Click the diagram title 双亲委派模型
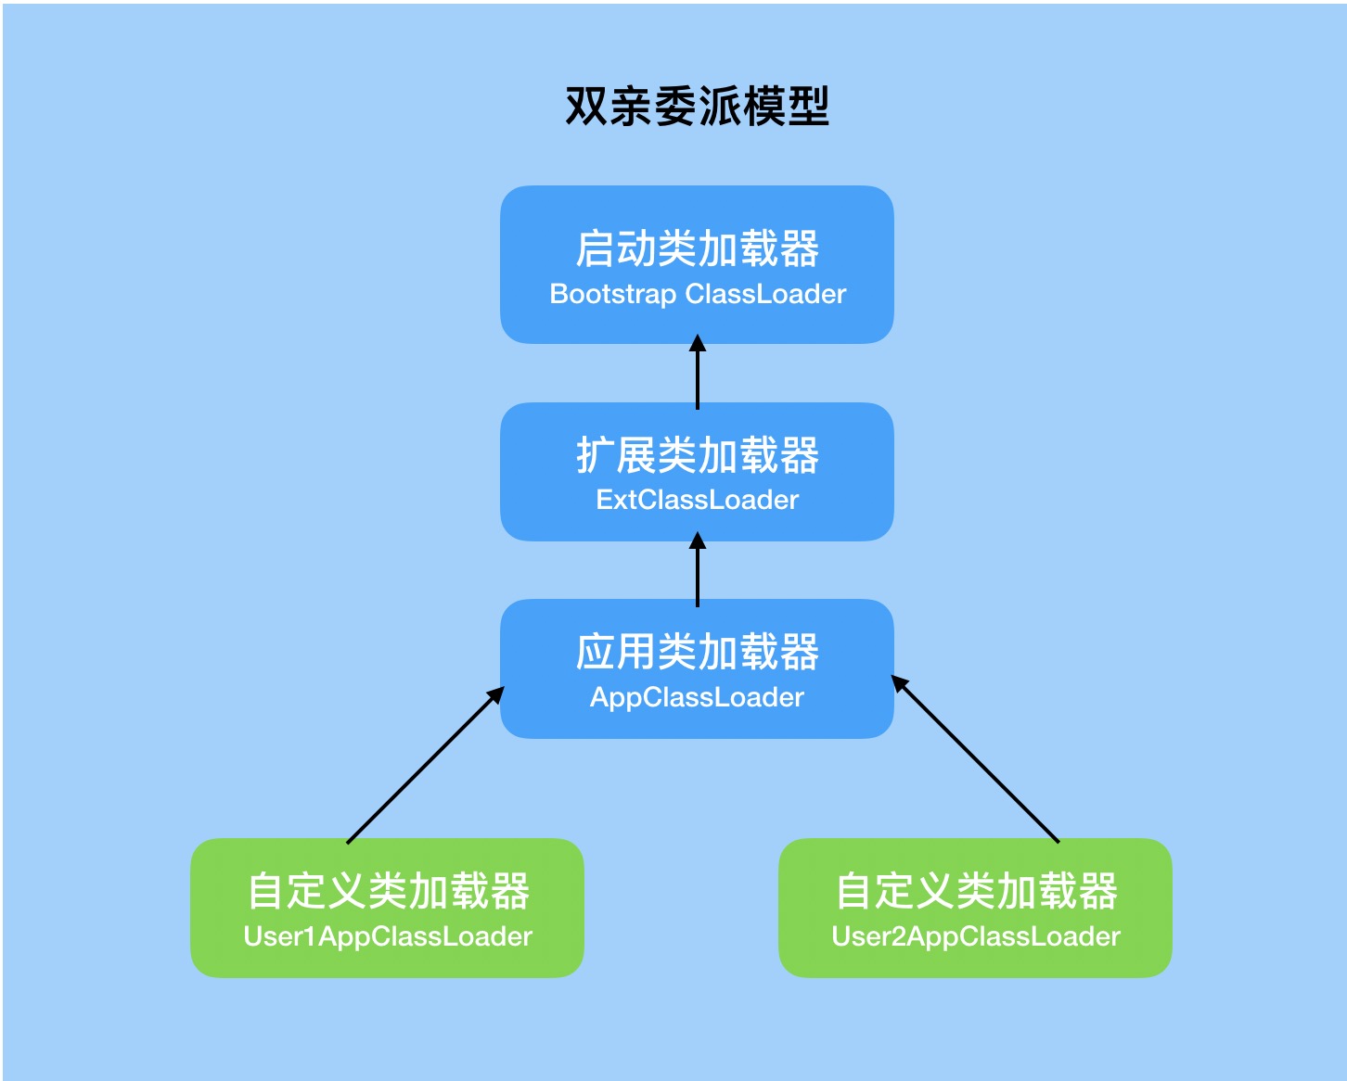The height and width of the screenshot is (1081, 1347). pos(697,107)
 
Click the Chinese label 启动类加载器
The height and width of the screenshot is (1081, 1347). pos(697,248)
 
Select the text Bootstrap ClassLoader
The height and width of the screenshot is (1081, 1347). pos(698,294)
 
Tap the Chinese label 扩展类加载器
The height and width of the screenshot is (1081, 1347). pos(697,455)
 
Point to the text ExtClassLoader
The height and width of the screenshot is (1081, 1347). pos(697,500)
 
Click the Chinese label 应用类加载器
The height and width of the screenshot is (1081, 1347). pos(697,652)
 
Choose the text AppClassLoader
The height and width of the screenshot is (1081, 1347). pos(697,697)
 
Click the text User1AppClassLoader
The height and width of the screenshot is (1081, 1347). pos(387,936)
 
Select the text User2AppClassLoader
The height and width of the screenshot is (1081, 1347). pos(976,936)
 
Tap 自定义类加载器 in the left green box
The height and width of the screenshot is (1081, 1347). pos(387,891)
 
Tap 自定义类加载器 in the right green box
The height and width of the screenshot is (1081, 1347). pos(976,891)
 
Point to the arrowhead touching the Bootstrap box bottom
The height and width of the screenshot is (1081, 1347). pos(698,344)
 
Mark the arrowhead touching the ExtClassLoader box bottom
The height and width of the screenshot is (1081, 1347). pos(698,540)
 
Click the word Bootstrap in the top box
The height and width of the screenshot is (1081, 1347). pos(612,294)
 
